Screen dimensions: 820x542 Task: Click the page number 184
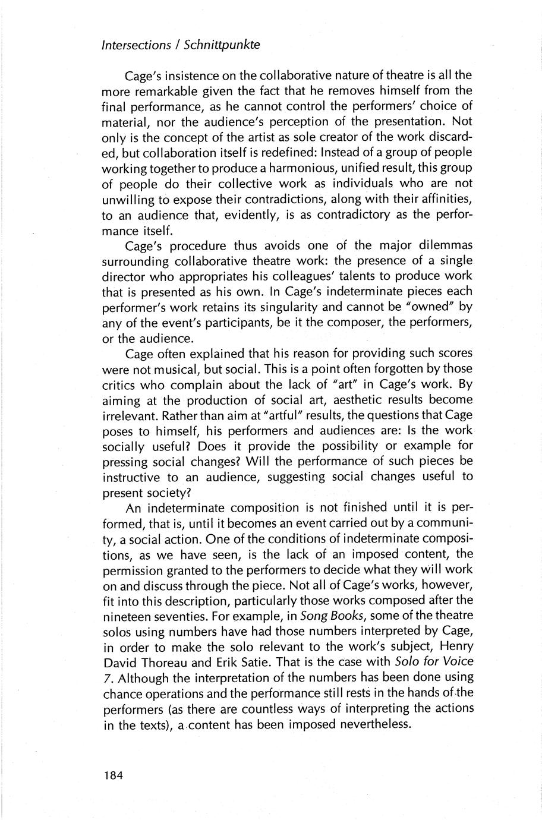coord(112,775)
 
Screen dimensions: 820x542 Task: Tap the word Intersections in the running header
coord(135,45)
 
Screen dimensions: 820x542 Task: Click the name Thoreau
coord(166,662)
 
